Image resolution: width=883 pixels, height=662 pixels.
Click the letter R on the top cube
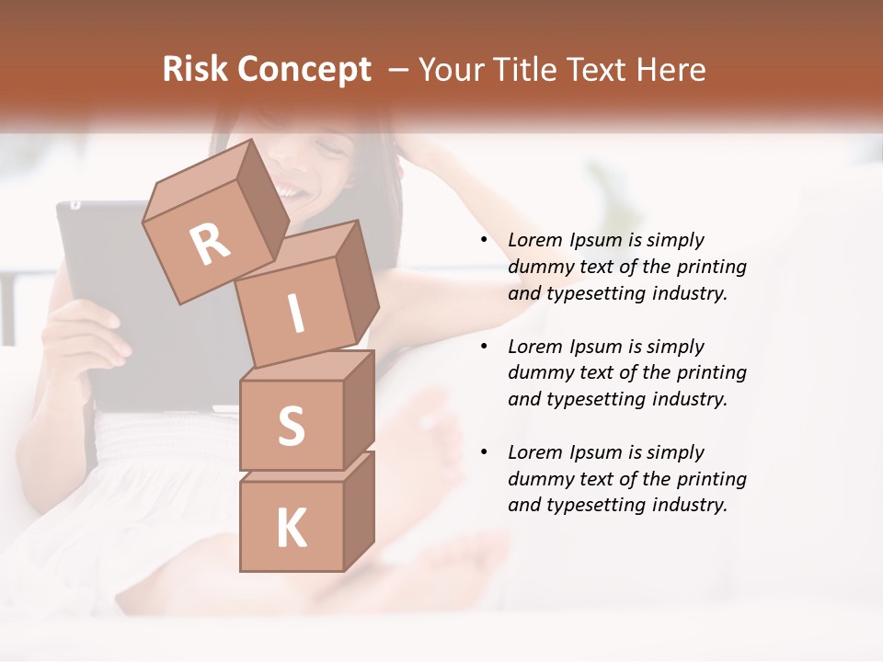click(x=210, y=244)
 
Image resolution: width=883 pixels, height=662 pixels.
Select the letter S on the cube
click(x=291, y=427)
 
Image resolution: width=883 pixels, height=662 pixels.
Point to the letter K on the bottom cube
click(x=291, y=529)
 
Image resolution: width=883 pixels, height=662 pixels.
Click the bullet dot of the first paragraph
click(x=484, y=240)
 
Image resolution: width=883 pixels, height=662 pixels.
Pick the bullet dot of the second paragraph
click(x=484, y=347)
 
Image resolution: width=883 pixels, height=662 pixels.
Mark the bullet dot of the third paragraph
click(x=484, y=452)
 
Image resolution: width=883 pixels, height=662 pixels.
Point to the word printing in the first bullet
click(x=711, y=267)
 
